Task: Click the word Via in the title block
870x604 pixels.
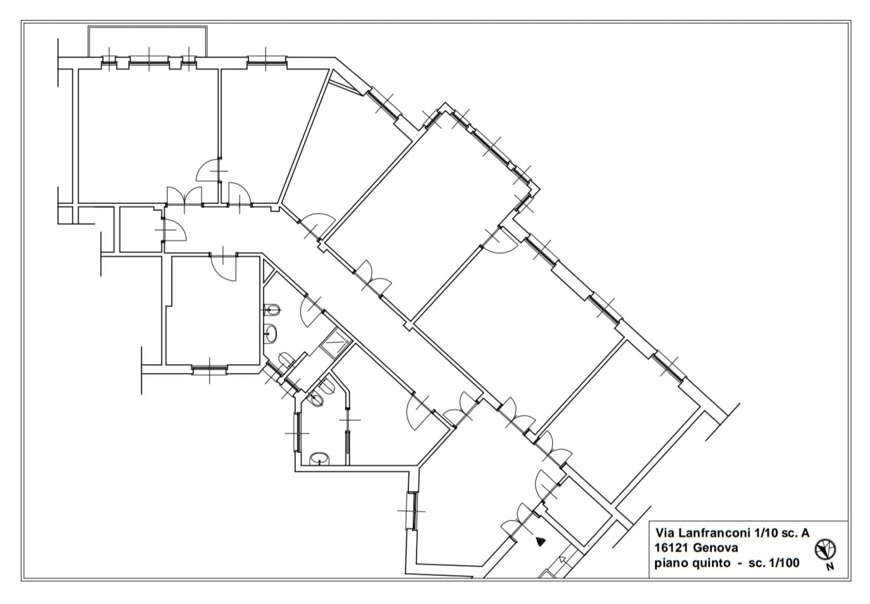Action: click(x=663, y=533)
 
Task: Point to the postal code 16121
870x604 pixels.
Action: click(x=671, y=548)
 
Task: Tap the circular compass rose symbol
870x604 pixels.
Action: click(x=825, y=550)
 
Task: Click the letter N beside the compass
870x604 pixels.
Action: click(x=830, y=567)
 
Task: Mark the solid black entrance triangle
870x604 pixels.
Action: click(x=540, y=541)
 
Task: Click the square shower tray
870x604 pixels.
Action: click(x=336, y=343)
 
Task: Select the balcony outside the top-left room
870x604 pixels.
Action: click(x=147, y=42)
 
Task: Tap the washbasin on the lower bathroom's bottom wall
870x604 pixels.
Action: click(x=320, y=459)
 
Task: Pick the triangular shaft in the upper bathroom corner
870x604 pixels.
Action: click(x=268, y=270)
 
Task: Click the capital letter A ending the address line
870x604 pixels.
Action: click(x=805, y=533)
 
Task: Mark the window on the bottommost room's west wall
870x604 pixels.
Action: click(x=412, y=511)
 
